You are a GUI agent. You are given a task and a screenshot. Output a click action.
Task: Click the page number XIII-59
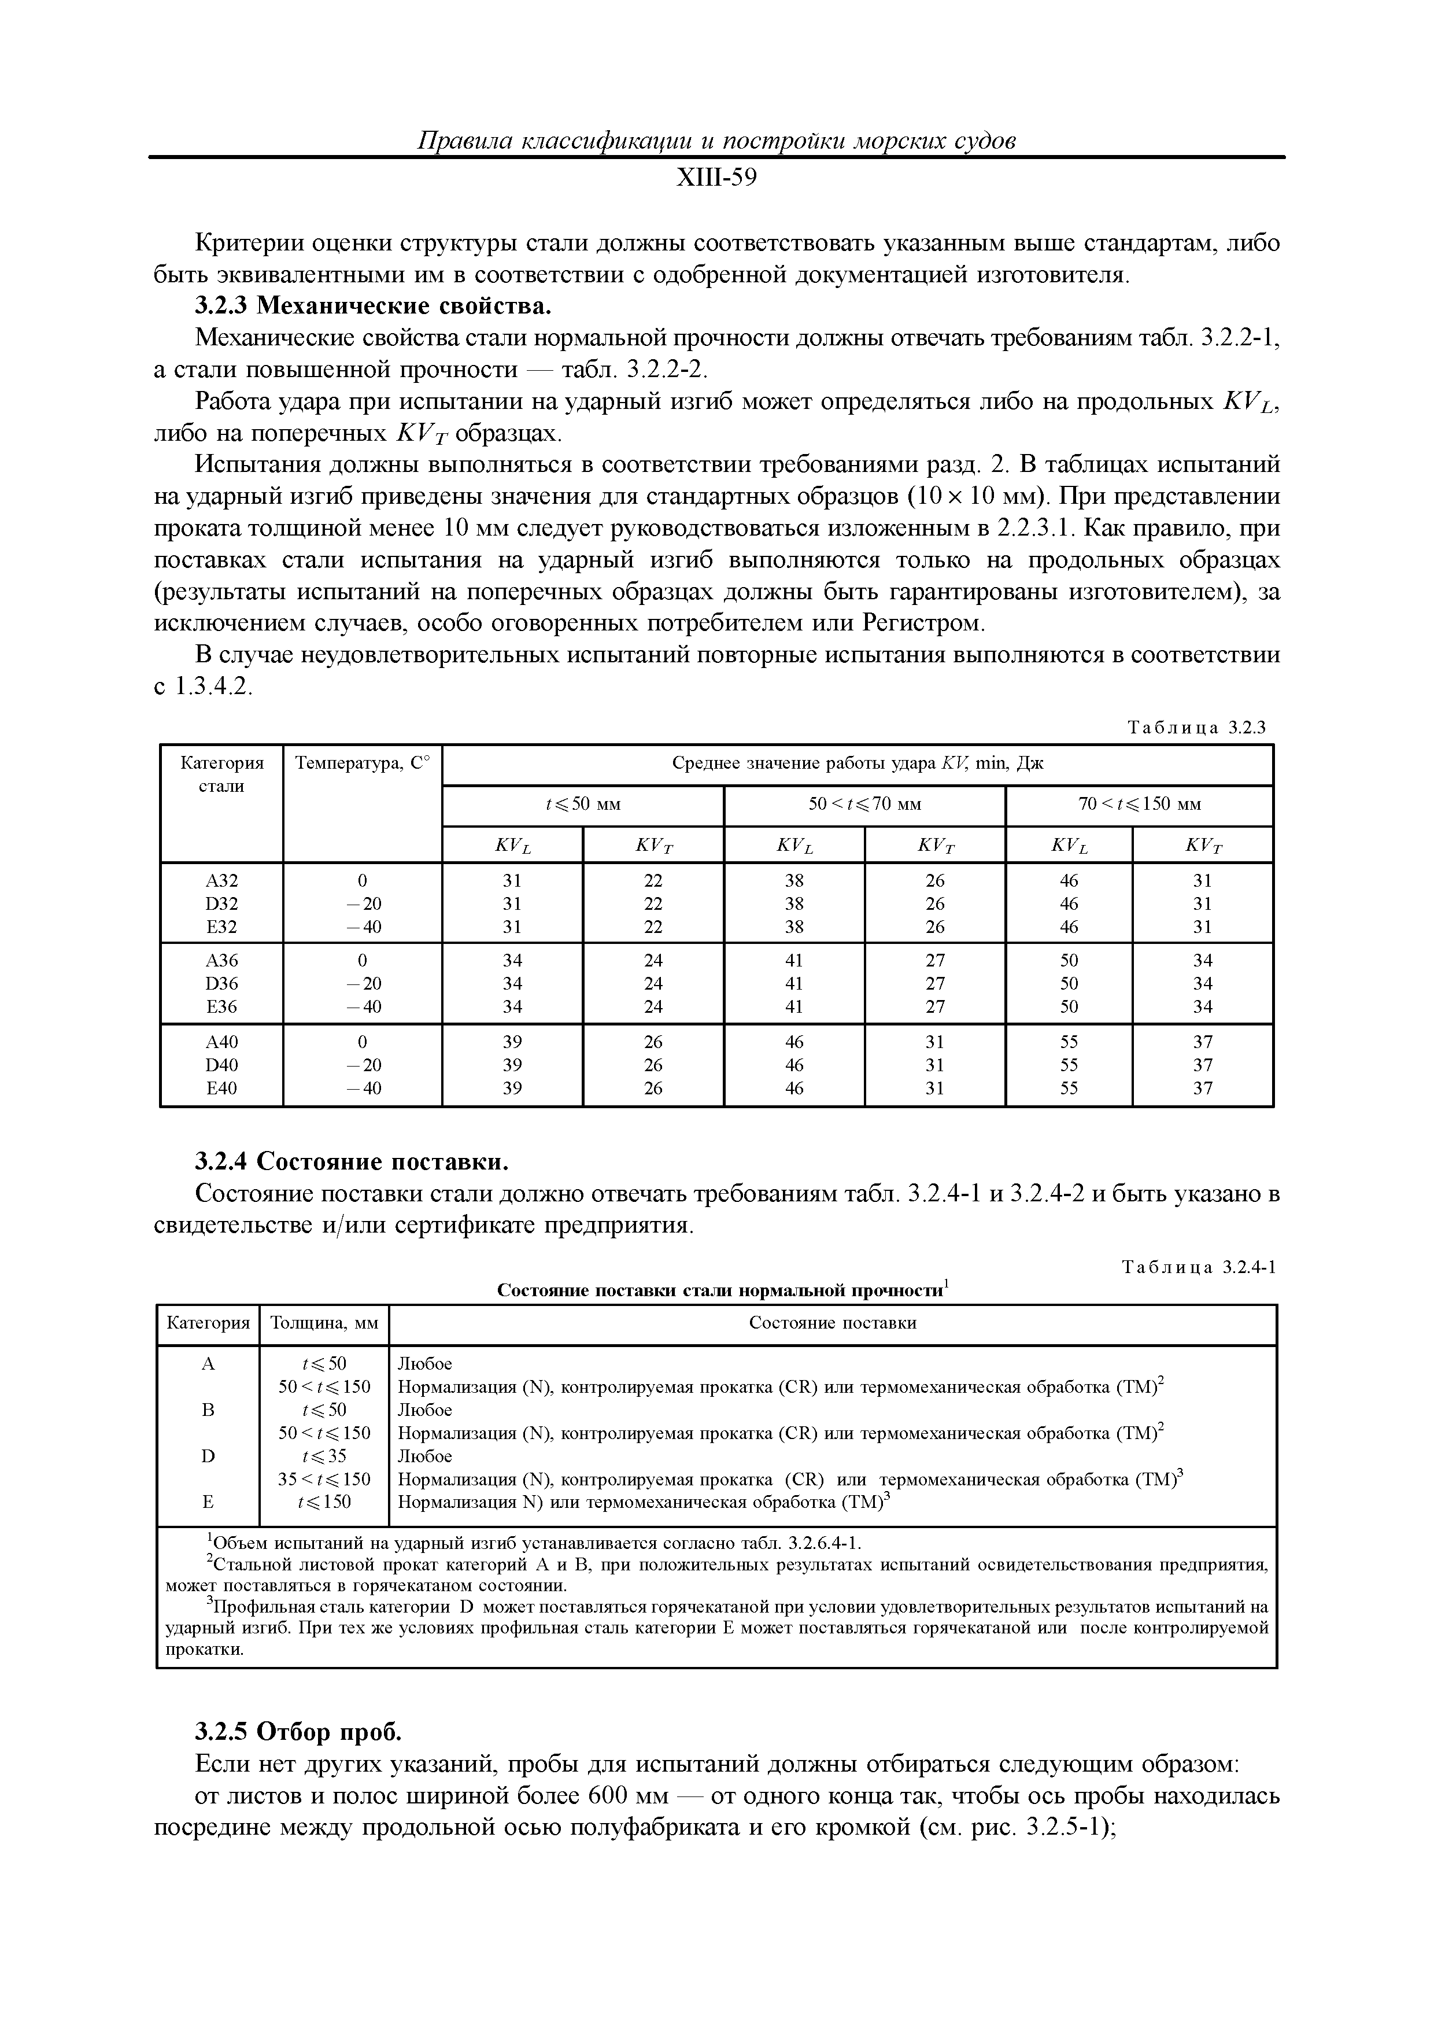coord(716,179)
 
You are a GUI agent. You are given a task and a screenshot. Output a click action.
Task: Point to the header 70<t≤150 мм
coord(1139,804)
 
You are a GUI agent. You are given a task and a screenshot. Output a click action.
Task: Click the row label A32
coord(222,880)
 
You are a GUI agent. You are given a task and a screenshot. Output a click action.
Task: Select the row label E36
coord(222,1006)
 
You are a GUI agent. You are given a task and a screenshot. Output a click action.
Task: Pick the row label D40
coord(222,1065)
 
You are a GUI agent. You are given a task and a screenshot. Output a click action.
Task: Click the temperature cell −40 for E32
coord(361,926)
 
